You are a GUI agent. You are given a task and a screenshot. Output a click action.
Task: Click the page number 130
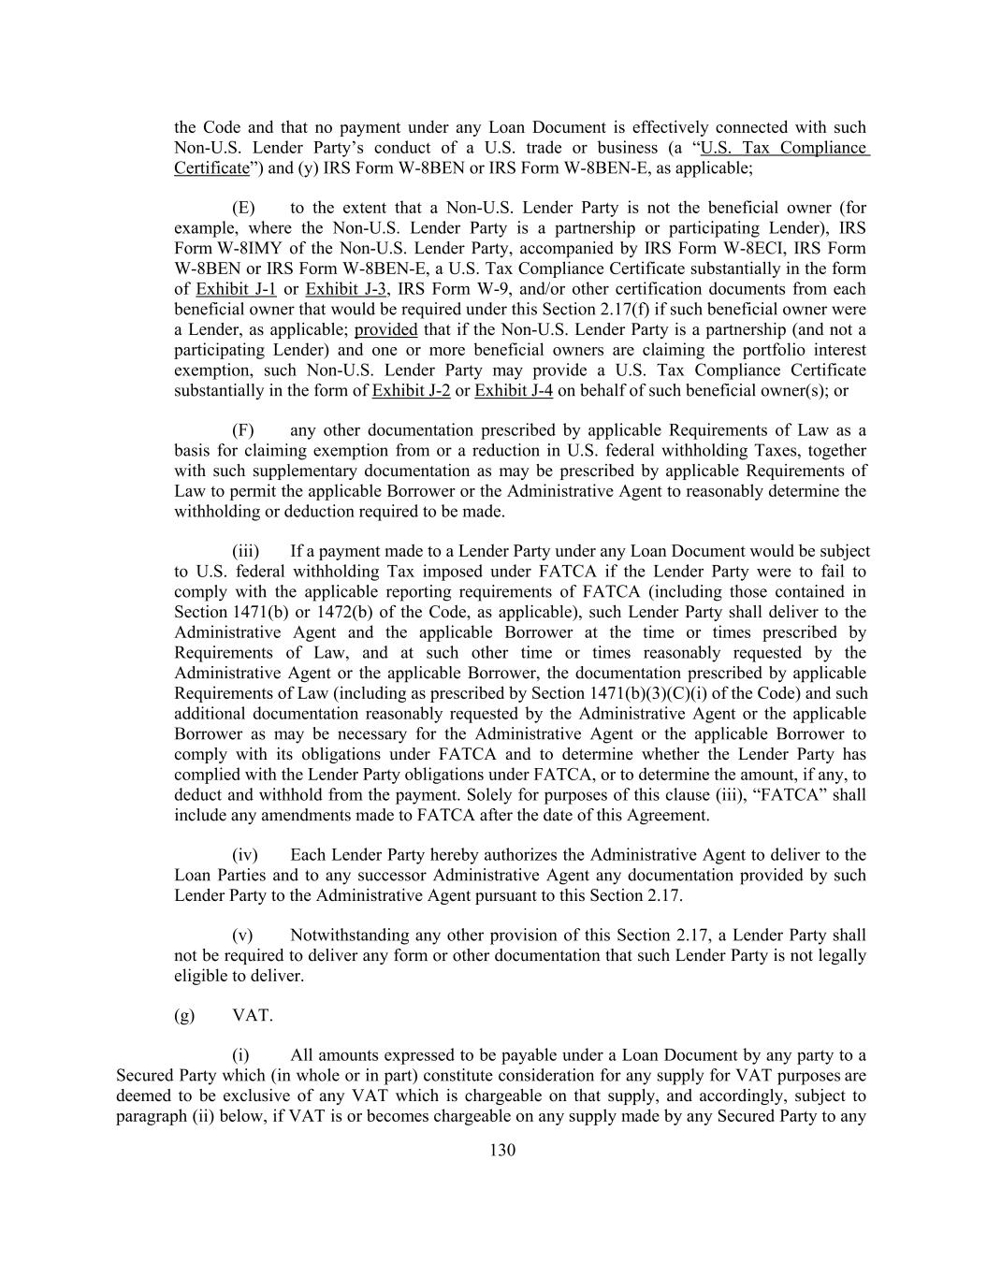(x=502, y=1151)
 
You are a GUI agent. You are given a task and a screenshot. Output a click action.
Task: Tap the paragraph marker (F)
(x=243, y=430)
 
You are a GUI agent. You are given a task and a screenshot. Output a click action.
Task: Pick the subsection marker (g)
(x=184, y=1015)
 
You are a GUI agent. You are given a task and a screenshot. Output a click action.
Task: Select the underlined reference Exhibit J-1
(x=236, y=289)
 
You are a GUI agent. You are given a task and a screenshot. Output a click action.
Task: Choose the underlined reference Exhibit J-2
(x=411, y=390)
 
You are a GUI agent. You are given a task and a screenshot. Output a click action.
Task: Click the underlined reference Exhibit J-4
(x=514, y=390)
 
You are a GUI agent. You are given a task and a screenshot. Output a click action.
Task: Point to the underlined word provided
(x=385, y=329)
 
